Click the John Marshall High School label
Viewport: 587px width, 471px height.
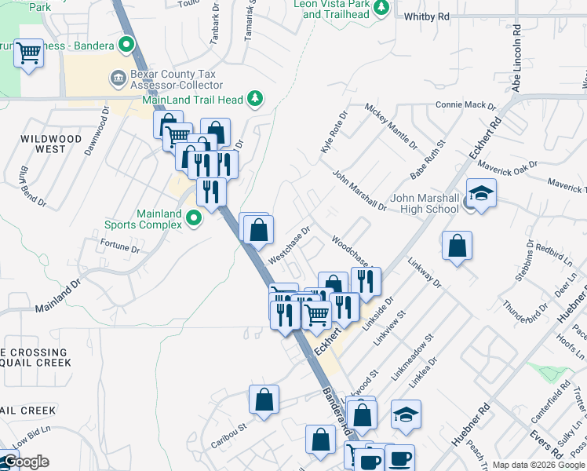(425, 203)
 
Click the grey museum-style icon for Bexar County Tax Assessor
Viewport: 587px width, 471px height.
(118, 78)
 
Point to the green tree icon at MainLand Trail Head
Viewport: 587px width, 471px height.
(255, 98)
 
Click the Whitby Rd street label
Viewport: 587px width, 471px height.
(427, 16)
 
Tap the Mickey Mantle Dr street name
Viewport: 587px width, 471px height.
(390, 126)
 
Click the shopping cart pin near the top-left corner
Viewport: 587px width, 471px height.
(28, 54)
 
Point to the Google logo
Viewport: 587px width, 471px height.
(25, 462)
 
